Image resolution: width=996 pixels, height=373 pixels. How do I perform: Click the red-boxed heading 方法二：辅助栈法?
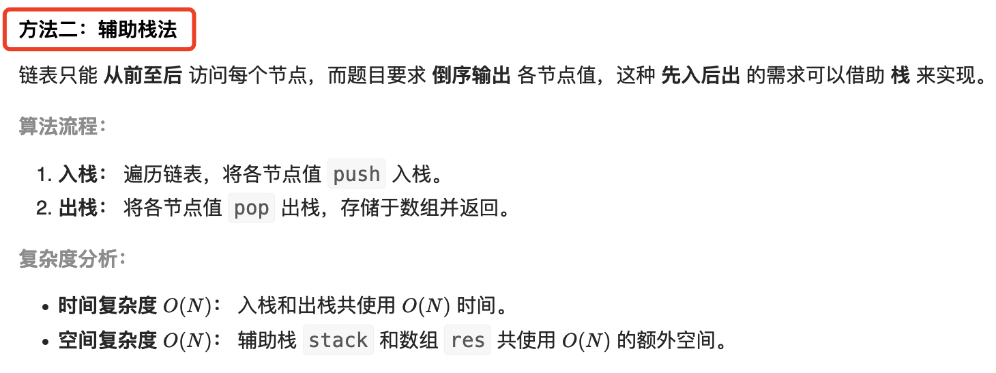coord(98,30)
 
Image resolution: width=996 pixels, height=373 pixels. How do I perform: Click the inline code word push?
coord(357,174)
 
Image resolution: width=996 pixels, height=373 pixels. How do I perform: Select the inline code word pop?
coord(252,208)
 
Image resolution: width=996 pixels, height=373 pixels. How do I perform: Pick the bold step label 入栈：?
coord(83,174)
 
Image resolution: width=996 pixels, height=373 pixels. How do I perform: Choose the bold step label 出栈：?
coord(83,208)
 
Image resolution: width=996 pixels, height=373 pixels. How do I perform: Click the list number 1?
coord(44,174)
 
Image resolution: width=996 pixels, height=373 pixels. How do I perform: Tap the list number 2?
coord(44,208)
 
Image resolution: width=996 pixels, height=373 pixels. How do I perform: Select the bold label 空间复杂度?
coord(108,340)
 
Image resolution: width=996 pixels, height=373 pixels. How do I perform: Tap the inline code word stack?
coord(338,340)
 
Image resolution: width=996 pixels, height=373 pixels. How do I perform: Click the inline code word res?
coord(467,340)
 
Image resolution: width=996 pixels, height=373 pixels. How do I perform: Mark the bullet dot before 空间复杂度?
coord(46,341)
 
